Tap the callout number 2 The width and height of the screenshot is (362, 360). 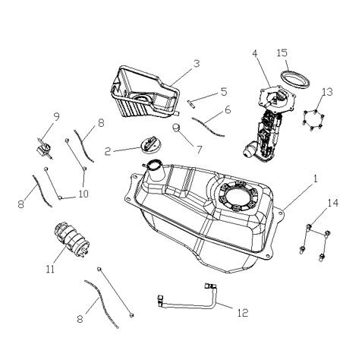pyautogui.click(x=109, y=151)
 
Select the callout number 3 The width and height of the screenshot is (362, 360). pyautogui.click(x=196, y=64)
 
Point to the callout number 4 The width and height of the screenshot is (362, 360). pyautogui.click(x=255, y=54)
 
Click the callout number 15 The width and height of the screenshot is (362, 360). pyautogui.click(x=282, y=53)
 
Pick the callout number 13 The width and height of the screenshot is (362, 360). pyautogui.click(x=327, y=92)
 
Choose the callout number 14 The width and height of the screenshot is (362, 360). pyautogui.click(x=332, y=202)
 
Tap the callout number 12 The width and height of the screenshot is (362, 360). pyautogui.click(x=242, y=311)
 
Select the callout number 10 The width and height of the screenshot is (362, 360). pyautogui.click(x=83, y=194)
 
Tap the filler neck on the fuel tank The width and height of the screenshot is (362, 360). pyautogui.click(x=155, y=169)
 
